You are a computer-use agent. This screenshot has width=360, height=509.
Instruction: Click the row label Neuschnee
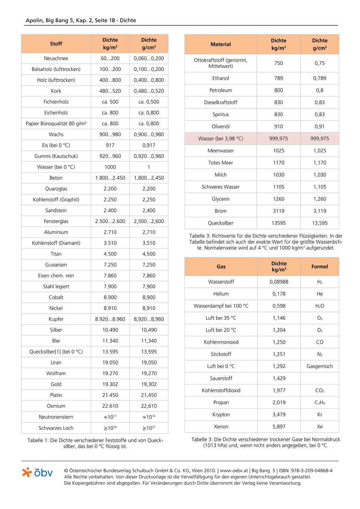56,58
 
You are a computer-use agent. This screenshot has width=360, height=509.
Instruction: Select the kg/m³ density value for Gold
110,384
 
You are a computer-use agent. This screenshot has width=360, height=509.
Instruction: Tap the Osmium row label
56,406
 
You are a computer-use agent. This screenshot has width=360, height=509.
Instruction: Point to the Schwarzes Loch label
56,428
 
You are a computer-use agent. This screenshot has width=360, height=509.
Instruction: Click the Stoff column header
56,44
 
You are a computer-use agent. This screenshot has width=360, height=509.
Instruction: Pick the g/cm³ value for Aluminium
149,232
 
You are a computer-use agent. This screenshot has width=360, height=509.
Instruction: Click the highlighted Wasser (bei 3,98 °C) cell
221,139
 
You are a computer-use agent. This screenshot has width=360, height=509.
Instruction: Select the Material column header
221,44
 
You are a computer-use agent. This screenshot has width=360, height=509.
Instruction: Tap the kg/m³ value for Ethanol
278,78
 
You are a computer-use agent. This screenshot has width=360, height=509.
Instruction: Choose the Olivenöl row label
221,127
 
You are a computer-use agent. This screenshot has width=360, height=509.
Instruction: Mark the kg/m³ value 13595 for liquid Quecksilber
278,223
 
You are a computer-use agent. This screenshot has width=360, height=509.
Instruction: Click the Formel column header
320,266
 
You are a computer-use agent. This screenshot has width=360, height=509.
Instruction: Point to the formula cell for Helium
320,294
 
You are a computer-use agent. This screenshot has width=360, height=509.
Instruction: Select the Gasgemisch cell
320,366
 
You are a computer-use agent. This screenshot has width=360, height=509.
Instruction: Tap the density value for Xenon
279,427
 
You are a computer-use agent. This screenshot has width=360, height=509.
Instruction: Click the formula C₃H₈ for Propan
320,403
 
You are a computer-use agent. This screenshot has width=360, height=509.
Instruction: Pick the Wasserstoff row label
221,282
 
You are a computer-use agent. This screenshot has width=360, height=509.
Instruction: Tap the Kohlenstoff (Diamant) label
56,243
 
